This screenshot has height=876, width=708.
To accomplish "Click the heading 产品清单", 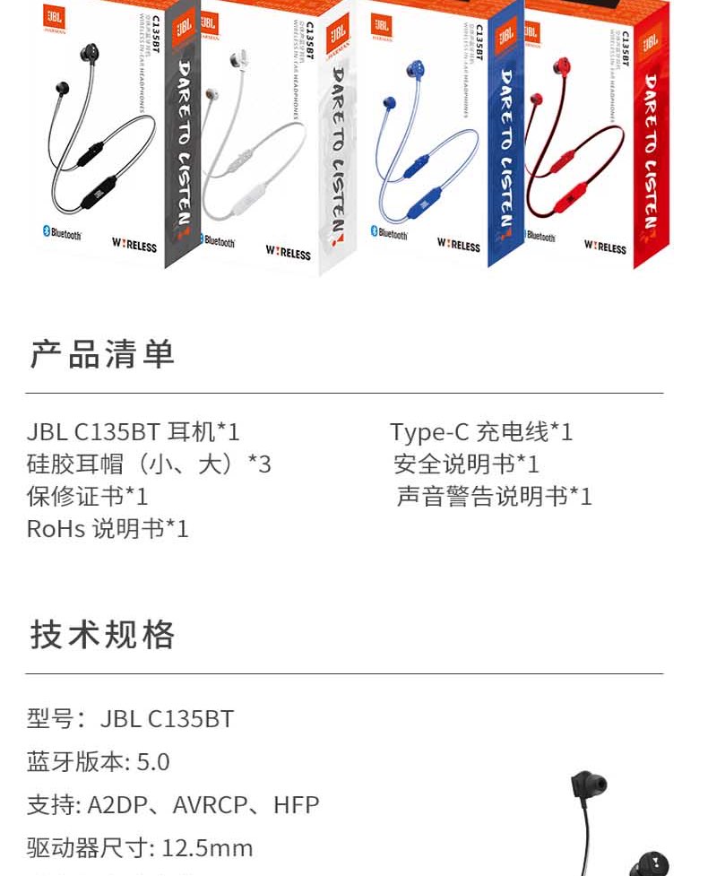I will [102, 354].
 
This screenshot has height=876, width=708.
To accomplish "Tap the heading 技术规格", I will [102, 634].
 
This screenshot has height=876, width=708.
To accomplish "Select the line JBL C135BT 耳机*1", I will [134, 432].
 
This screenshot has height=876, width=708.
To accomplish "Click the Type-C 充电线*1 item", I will [481, 432].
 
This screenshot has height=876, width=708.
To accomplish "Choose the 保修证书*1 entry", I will [87, 497].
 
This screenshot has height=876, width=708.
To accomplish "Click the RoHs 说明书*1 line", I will [108, 529].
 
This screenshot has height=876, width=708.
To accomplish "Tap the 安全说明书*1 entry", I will [467, 464].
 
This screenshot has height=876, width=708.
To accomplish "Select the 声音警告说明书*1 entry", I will [495, 497].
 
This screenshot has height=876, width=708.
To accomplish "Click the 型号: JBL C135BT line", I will [131, 719].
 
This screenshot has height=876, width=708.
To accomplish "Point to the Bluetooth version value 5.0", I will [153, 762].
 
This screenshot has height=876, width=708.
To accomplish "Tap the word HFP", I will [297, 805].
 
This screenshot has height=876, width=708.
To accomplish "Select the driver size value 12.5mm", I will [206, 848].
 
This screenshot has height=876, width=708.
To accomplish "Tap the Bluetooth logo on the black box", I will [62, 233].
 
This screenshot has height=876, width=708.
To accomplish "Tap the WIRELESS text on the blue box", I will [458, 244].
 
